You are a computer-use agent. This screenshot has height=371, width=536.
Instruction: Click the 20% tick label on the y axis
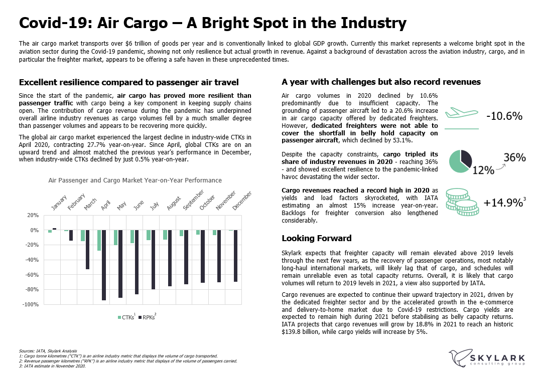33,215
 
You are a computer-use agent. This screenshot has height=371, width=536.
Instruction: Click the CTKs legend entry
127,317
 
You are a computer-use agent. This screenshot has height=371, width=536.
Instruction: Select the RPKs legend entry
149,317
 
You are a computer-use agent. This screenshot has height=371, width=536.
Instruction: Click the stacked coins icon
461,203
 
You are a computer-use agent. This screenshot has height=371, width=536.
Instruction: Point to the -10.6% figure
504,116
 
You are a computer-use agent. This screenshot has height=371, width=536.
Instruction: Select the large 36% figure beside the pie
514,157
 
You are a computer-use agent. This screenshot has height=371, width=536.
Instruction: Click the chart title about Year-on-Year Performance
135,180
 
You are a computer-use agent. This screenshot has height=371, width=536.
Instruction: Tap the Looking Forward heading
316,238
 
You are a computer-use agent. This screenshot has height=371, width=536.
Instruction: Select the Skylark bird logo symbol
459,358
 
